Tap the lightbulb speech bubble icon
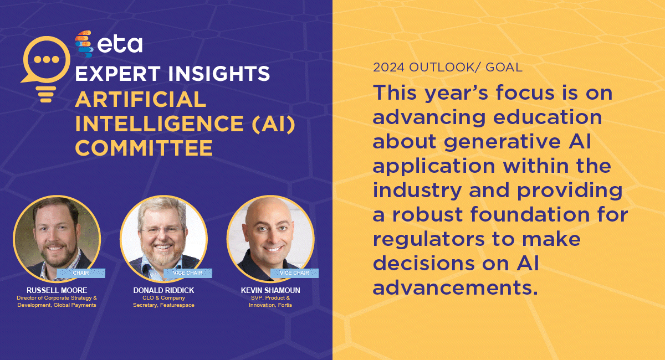pos(46,69)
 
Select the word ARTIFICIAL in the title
pos(140,99)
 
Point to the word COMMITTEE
pos(144,148)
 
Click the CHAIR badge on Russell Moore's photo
pos(81,272)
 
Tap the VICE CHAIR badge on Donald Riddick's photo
pos(187,272)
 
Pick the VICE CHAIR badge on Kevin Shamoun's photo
pos(294,272)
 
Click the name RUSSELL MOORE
pos(57,290)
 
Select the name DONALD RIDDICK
pos(163,290)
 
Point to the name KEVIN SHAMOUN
pos(270,290)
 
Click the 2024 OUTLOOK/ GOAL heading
pos(448,68)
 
